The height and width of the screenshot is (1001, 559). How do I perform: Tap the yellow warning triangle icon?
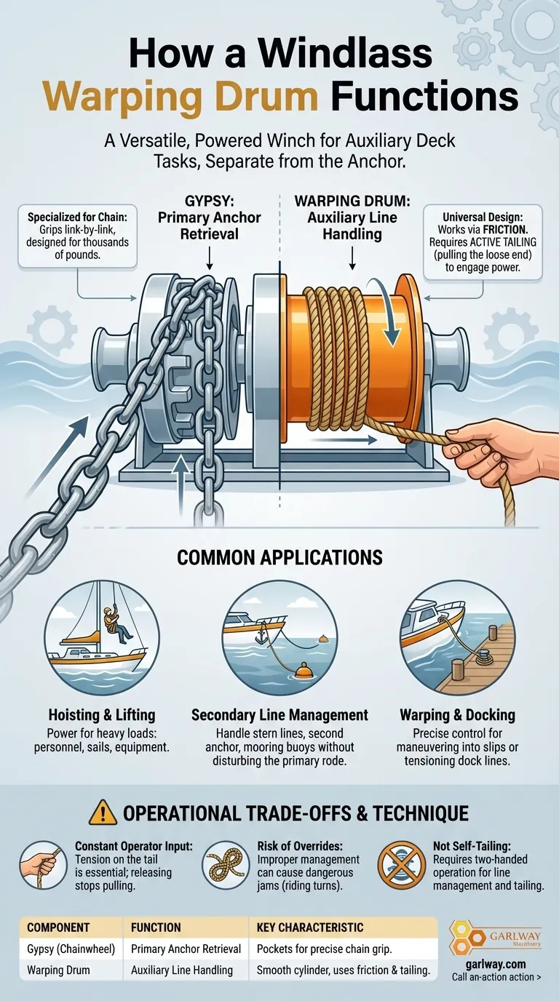(x=103, y=812)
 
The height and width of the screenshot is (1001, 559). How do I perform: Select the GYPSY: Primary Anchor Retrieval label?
(x=210, y=218)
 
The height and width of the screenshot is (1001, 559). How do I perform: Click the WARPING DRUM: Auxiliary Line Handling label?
(x=352, y=218)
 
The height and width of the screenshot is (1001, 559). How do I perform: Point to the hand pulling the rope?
(x=501, y=451)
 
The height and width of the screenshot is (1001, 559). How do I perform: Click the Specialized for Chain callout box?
(x=77, y=236)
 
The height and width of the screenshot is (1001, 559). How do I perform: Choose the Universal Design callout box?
(x=483, y=242)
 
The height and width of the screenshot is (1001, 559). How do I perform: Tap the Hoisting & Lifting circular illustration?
(x=102, y=638)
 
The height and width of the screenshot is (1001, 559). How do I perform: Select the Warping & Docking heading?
(x=457, y=714)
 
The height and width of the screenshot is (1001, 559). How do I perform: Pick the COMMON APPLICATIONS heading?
(x=279, y=557)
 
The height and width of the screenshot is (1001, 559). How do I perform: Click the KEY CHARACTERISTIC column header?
(x=310, y=928)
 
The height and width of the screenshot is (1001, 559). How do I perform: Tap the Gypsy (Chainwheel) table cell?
(x=71, y=949)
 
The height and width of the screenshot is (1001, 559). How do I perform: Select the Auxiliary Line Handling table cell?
(x=181, y=970)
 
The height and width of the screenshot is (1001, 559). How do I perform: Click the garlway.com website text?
(x=496, y=964)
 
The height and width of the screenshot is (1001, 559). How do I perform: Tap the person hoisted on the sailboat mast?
(x=115, y=624)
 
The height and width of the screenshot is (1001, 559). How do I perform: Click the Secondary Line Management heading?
(x=279, y=714)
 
